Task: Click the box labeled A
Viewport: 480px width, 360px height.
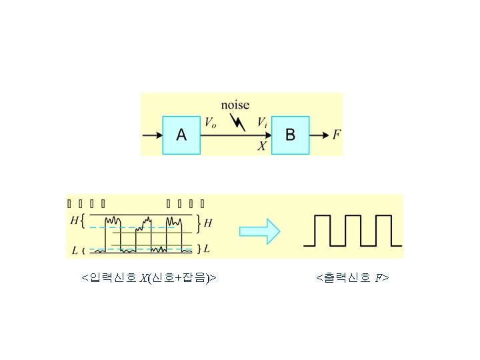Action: click(181, 135)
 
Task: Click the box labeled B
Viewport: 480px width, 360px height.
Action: click(291, 135)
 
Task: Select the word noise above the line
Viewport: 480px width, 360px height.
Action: click(235, 105)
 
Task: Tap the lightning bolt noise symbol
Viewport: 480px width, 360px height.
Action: click(237, 121)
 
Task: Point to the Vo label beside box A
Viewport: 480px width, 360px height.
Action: click(210, 123)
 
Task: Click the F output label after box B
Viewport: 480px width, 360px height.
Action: click(337, 135)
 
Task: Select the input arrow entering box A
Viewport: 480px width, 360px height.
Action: click(153, 135)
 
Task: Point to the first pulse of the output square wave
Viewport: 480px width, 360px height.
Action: click(323, 230)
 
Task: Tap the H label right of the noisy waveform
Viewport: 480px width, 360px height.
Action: click(208, 223)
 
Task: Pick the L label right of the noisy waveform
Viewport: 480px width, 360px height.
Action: click(207, 249)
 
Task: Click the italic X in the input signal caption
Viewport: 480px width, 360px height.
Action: click(144, 277)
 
